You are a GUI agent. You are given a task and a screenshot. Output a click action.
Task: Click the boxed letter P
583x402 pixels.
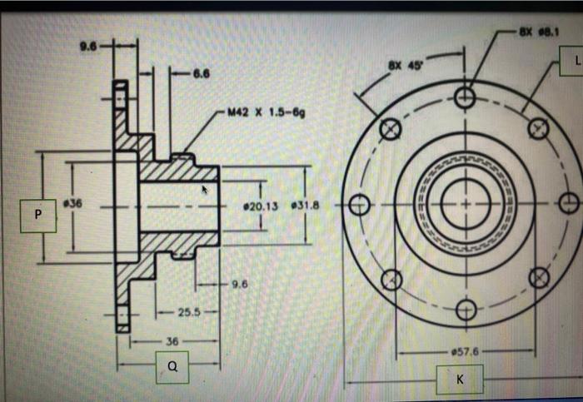click(x=37, y=215)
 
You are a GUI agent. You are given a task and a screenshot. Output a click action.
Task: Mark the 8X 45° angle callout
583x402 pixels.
click(x=402, y=63)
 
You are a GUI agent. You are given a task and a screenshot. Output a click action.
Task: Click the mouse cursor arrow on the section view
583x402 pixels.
click(x=206, y=191)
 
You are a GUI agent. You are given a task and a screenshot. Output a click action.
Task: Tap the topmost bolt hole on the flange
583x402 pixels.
click(x=465, y=98)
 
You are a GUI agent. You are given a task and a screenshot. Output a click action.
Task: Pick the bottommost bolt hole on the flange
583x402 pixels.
click(x=465, y=310)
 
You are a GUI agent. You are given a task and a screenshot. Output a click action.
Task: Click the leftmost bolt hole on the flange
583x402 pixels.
click(x=360, y=204)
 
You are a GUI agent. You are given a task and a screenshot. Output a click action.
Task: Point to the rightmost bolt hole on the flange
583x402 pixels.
click(x=569, y=203)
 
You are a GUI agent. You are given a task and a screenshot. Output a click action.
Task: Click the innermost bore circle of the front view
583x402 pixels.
click(x=465, y=204)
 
